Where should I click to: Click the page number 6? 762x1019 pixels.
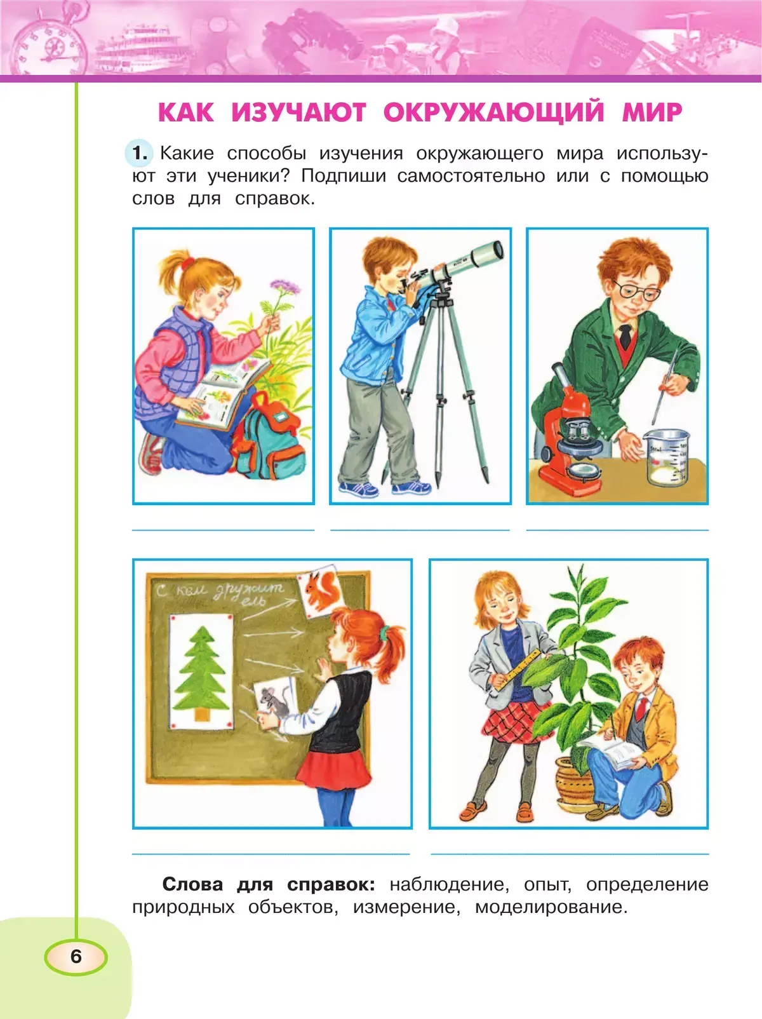(76, 956)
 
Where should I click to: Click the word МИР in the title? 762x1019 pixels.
(652, 112)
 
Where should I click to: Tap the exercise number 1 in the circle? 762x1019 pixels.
(140, 152)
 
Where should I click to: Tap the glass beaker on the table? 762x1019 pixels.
(666, 457)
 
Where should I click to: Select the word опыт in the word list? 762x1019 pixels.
(547, 885)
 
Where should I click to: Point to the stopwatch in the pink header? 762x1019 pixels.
(50, 39)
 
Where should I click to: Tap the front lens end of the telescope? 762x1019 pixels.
(497, 250)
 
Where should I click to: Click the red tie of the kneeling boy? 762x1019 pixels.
(642, 708)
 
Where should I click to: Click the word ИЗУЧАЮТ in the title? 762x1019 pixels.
(299, 112)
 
